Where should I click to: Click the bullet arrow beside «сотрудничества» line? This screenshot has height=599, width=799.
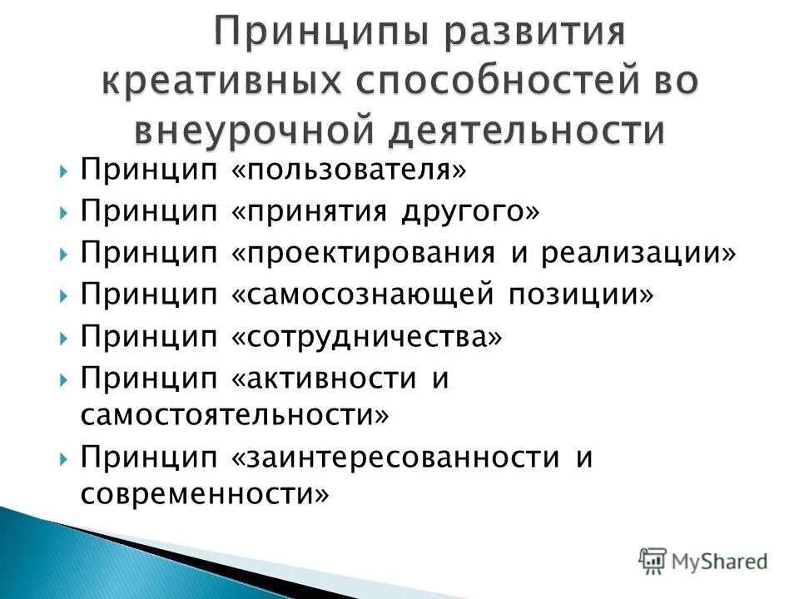tap(66, 337)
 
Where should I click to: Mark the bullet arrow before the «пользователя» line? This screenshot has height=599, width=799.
tap(66, 171)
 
